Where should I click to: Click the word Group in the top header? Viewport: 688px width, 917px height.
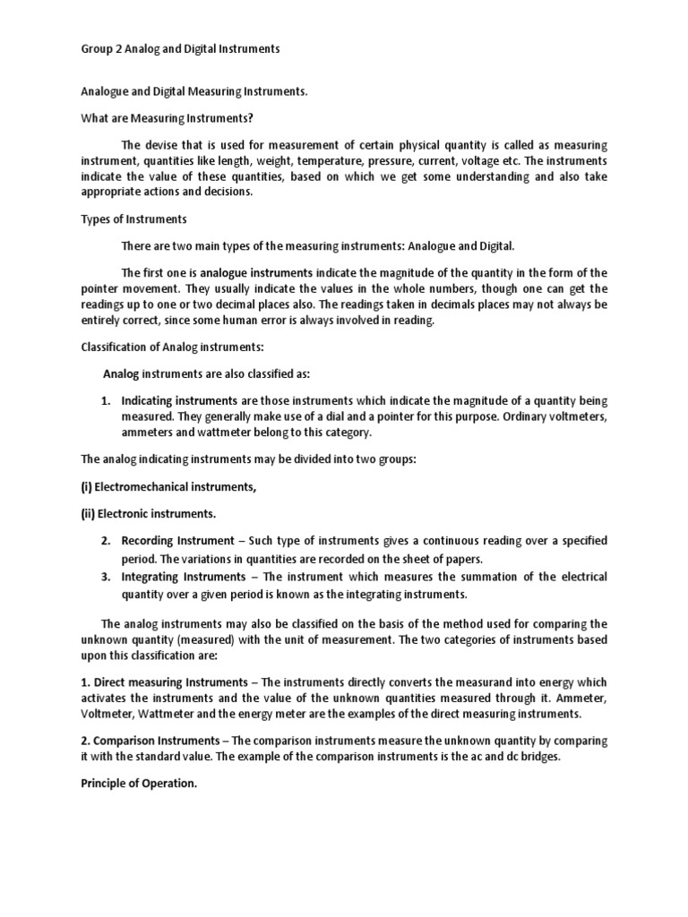point(88,49)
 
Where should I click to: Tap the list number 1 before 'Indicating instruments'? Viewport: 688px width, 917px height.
point(104,400)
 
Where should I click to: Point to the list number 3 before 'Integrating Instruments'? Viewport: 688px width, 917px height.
point(105,577)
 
